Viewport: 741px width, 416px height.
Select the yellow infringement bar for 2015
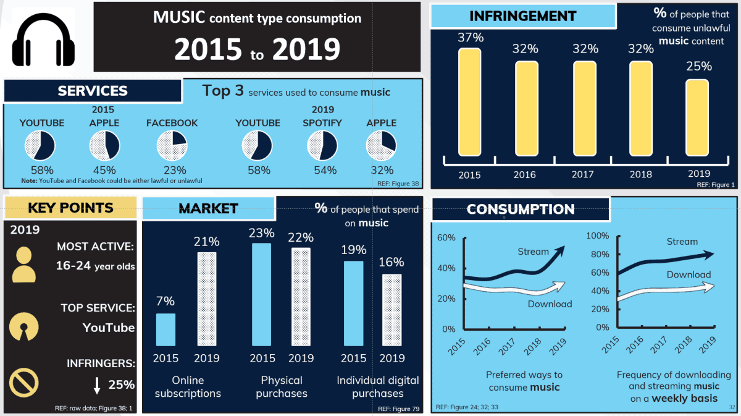point(469,102)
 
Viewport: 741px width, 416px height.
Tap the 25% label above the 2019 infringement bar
point(698,66)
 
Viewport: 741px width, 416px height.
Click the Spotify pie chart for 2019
point(322,146)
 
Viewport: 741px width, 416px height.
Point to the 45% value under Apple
point(104,170)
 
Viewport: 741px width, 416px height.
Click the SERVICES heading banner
point(93,91)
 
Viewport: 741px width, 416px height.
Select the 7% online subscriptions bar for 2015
point(165,329)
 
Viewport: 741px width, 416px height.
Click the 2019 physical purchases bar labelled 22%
point(301,297)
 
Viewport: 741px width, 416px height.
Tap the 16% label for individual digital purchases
point(392,261)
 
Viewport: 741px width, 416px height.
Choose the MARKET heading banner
point(208,208)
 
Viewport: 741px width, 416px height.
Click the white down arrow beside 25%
point(97,386)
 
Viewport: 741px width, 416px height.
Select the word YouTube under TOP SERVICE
point(109,328)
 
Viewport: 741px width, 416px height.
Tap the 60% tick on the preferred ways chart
point(446,238)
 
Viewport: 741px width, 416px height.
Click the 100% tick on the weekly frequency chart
point(596,236)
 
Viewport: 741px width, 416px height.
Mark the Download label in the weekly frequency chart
point(689,274)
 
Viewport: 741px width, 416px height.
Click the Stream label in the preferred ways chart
point(533,252)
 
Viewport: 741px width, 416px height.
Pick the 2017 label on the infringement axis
point(583,175)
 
